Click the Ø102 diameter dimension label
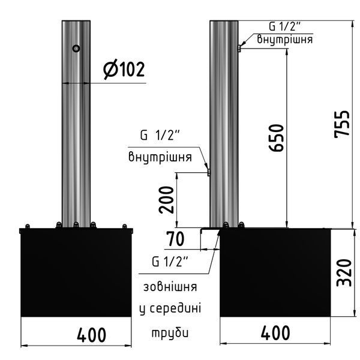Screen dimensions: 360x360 click(124, 69)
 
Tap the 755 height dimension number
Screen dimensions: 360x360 click(341, 124)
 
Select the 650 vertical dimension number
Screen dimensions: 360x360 click(277, 138)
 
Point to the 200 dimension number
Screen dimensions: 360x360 click(166, 200)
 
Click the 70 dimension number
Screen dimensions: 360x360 click(175, 239)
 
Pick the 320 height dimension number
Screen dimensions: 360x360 click(344, 273)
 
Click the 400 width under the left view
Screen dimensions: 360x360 click(91, 335)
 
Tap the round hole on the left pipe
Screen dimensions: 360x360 click(76, 48)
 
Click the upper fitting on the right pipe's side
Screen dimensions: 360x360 click(239, 49)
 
